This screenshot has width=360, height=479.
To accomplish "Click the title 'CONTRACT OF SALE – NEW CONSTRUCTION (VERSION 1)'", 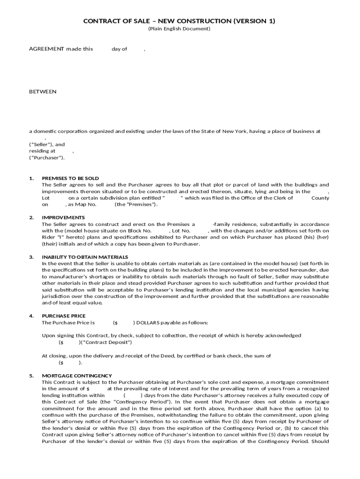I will point(179,21).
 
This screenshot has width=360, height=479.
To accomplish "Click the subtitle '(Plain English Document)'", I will point(179,29).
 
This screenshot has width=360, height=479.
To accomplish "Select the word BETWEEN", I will point(43,92).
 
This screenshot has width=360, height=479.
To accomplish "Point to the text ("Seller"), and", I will point(47,145).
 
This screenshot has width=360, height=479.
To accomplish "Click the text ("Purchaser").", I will point(47,158).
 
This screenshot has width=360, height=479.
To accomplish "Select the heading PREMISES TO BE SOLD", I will point(70,178).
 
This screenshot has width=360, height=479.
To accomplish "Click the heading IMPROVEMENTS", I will point(63,218).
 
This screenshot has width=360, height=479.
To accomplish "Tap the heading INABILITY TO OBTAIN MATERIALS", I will point(85,257).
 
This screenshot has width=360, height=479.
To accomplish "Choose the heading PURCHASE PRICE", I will point(64,316).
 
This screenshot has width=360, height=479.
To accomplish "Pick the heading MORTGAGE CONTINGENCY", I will point(77,376).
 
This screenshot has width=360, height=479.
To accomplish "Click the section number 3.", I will point(31,257).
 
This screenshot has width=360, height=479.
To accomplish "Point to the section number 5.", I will point(31,376).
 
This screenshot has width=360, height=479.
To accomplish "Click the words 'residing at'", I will point(42,151).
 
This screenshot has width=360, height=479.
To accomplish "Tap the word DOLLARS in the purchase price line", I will point(148,323).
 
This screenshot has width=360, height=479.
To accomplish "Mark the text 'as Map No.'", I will point(82,204).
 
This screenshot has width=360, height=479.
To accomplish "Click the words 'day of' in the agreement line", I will point(119,49).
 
